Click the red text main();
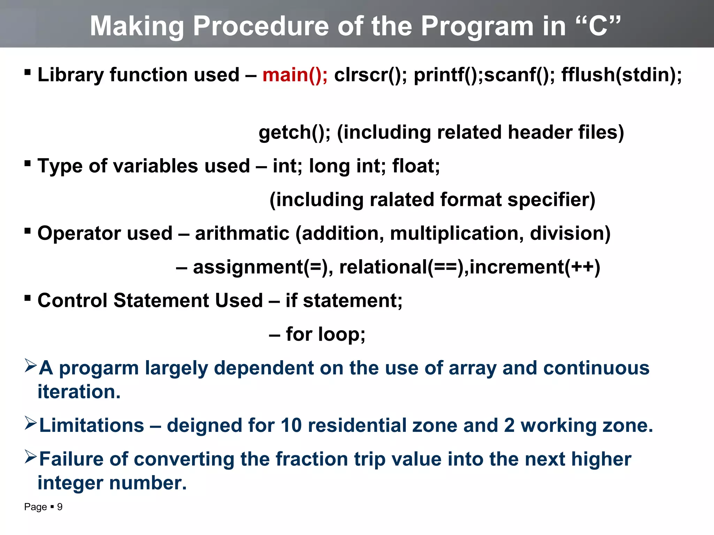(295, 75)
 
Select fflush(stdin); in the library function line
(621, 75)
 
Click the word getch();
(294, 133)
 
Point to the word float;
(416, 166)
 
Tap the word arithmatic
(242, 233)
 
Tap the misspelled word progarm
(99, 368)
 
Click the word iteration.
(79, 392)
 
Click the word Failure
(71, 459)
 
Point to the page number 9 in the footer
(60, 507)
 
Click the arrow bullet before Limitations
(31, 423)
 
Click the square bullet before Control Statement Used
(28, 298)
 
